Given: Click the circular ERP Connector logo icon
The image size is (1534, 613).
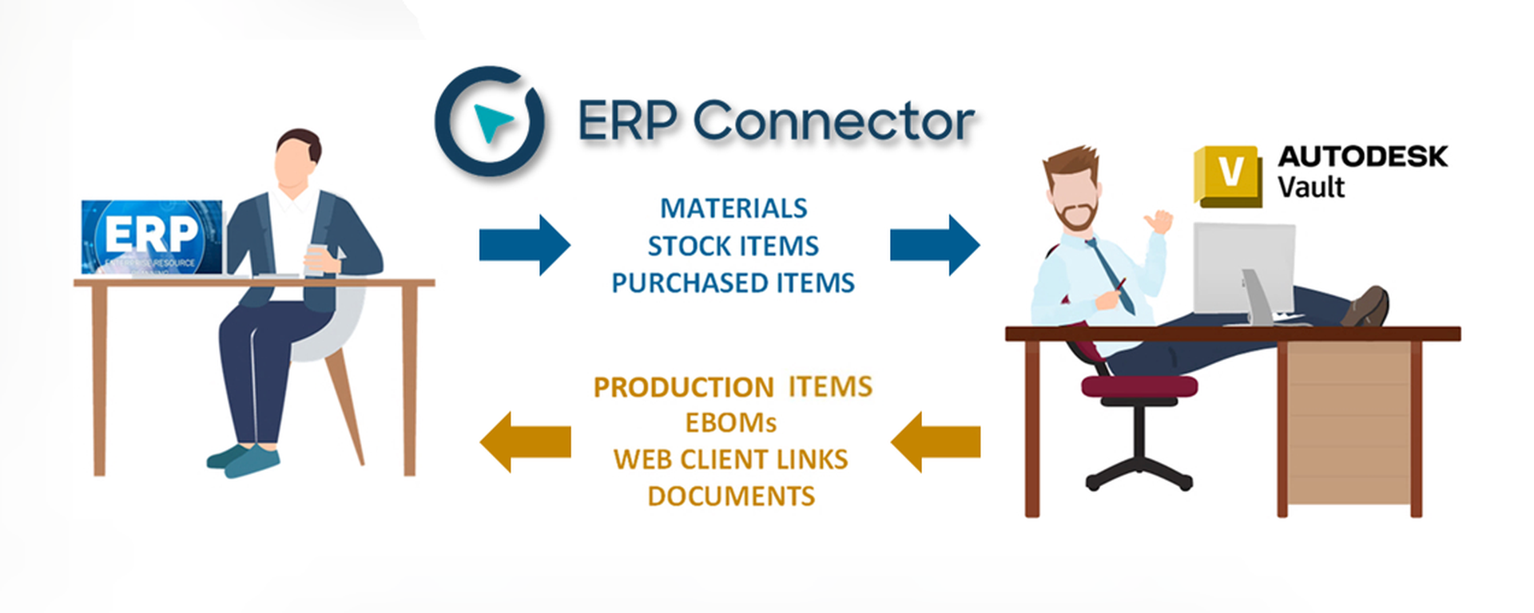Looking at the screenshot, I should point(489,121).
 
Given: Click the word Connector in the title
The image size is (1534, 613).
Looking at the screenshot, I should point(833,122).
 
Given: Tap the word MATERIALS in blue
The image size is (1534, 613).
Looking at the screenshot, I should point(733,208).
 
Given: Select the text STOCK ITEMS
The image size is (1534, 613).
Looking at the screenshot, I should point(733,246).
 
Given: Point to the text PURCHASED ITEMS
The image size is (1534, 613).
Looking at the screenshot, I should point(733,283).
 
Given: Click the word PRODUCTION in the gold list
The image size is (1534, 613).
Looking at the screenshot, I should point(683,387).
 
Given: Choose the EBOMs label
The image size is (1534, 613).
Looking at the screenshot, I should point(730,423).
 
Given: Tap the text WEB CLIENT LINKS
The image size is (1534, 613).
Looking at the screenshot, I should point(730,460).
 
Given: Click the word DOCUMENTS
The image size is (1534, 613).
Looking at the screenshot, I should point(731,496).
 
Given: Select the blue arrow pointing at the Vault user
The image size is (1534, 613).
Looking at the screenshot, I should point(934,245).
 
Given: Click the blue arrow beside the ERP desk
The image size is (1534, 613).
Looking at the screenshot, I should point(524,245).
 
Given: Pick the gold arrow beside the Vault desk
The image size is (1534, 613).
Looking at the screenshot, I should point(936,441).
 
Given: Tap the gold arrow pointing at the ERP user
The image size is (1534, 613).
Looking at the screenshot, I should point(525,441).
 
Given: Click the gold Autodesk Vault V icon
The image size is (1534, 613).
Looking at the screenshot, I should point(1228,175).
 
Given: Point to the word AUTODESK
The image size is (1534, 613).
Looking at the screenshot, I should point(1362,156).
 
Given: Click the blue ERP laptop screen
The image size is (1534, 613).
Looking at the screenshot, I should point(152,237).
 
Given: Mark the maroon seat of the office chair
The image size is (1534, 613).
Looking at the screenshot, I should point(1139,387).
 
